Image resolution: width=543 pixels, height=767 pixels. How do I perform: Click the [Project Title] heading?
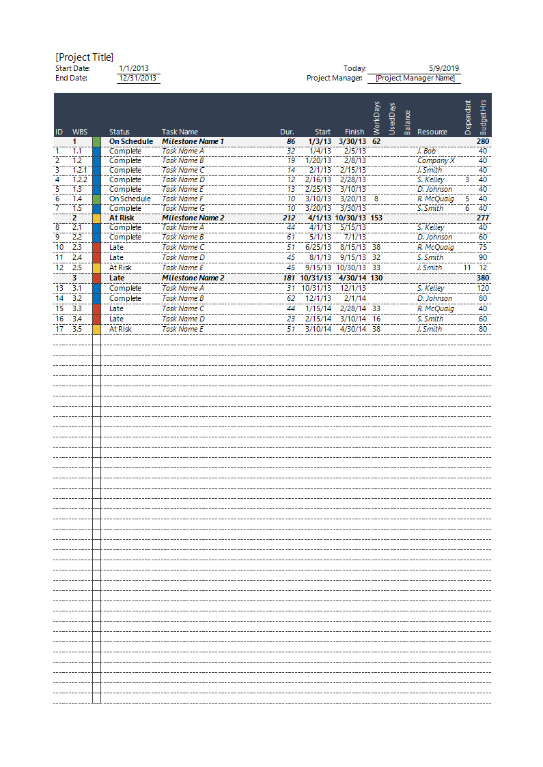85,57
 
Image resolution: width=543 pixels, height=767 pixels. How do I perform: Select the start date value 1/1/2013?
134,68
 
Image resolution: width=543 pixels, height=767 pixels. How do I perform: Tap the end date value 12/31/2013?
138,78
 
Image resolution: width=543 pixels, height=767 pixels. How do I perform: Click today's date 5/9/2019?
444,68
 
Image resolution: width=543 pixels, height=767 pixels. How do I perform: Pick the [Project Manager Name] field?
415,78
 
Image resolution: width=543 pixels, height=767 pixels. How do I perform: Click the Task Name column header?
180,132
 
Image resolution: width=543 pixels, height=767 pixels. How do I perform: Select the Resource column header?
432,132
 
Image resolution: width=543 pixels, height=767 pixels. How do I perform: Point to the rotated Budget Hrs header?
484,116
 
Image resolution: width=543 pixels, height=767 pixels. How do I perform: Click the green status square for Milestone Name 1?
96,141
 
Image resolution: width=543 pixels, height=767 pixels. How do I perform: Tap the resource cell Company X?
436,160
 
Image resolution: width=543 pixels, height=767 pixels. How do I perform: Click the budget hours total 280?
483,141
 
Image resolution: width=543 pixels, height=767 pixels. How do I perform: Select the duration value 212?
289,218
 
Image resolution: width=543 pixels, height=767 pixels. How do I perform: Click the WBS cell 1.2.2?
80,179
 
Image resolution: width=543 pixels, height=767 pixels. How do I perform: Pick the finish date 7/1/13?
356,237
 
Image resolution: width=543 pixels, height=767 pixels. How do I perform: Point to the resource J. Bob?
426,151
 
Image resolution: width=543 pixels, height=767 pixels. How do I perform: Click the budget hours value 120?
483,288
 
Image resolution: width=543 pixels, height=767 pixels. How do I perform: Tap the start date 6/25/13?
319,247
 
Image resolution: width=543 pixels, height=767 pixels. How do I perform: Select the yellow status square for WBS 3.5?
96,329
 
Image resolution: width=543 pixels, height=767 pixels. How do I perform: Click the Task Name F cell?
183,199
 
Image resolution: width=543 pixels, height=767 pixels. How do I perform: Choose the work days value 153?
376,218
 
